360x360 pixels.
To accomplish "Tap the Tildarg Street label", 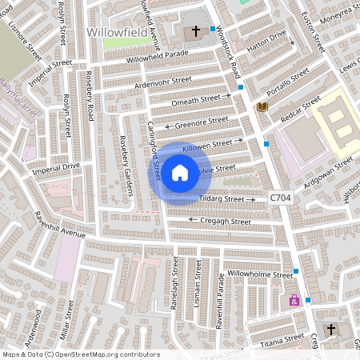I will point(221,198).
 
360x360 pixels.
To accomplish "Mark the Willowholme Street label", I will point(260,274).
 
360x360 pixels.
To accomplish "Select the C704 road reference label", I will point(280,197).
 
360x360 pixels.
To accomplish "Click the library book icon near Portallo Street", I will point(262,106).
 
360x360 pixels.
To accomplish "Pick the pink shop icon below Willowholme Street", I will point(294,301).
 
